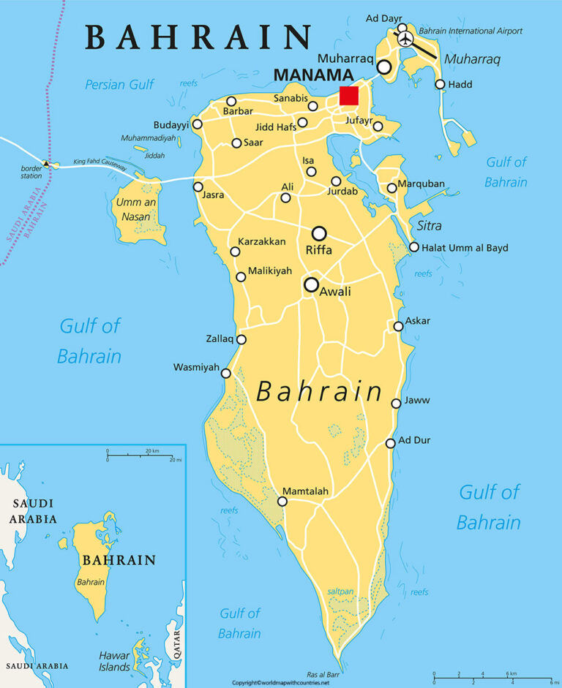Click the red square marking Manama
tap(348, 96)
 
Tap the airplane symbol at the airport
tap(404, 37)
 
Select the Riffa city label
tap(319, 250)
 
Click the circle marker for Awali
tap(312, 284)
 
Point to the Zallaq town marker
tap(241, 339)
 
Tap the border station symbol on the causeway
tap(47, 164)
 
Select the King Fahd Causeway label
tap(105, 165)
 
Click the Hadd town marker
tap(440, 84)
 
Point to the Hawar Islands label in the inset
tap(115, 661)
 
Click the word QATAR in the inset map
tap(176, 646)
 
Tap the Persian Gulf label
tap(119, 85)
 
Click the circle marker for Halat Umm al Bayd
tap(414, 247)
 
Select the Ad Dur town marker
tap(391, 443)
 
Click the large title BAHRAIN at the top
tap(198, 37)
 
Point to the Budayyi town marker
tap(196, 124)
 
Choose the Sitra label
tap(430, 226)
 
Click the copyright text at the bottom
tap(280, 683)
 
